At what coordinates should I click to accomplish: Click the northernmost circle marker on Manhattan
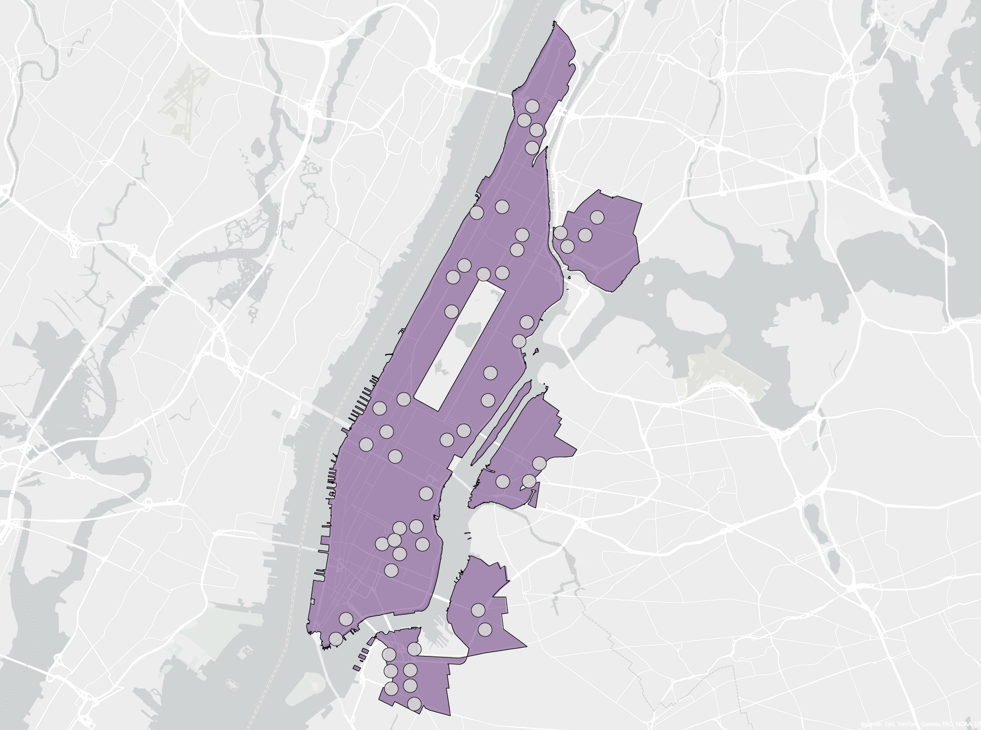pyautogui.click(x=532, y=106)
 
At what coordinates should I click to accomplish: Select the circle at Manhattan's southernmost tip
pyautogui.click(x=336, y=639)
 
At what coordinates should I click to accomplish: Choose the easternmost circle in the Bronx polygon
pyautogui.click(x=597, y=217)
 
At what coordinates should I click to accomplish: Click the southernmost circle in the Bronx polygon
pyautogui.click(x=567, y=246)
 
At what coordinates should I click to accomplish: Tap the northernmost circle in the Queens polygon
pyautogui.click(x=539, y=463)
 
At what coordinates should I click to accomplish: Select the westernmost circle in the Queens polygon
pyautogui.click(x=502, y=481)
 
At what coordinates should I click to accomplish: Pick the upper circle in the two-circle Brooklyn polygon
pyautogui.click(x=478, y=610)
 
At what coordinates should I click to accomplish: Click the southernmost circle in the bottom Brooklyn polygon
pyautogui.click(x=414, y=704)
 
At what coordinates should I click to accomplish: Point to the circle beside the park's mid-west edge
pyautogui.click(x=451, y=311)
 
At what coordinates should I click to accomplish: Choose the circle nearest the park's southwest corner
pyautogui.click(x=403, y=399)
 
